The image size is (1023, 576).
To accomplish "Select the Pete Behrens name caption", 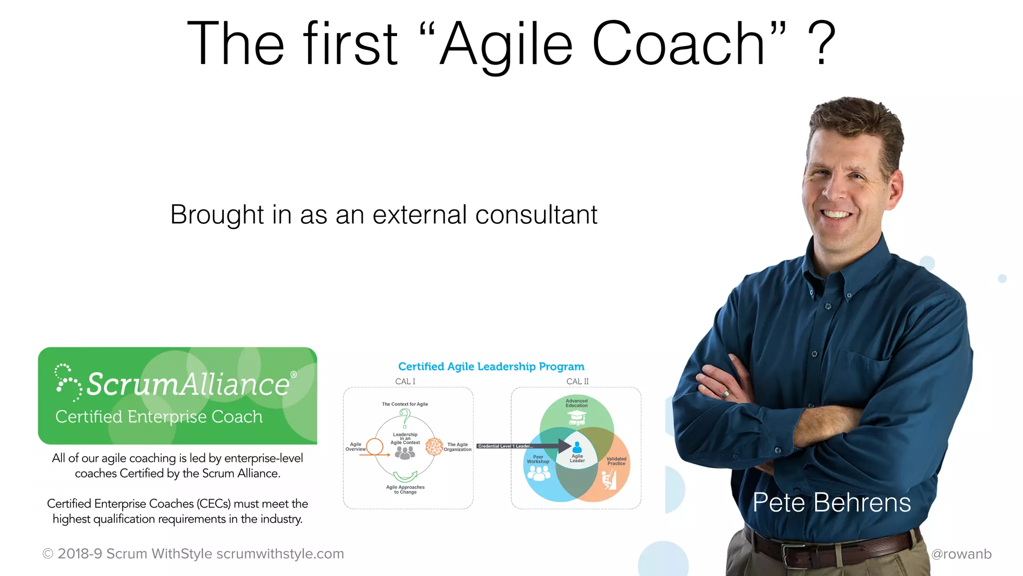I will [x=832, y=502].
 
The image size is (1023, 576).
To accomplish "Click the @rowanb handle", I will [x=961, y=554].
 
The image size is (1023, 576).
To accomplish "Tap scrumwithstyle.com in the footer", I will [x=280, y=554].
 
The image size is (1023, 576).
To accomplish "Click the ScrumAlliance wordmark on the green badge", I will [x=188, y=384].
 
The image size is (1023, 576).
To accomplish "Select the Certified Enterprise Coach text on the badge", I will [x=159, y=416].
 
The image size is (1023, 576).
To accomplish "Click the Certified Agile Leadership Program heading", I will [x=491, y=366].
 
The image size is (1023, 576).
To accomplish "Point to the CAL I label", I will [x=405, y=381].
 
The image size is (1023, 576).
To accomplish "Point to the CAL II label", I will [x=577, y=381].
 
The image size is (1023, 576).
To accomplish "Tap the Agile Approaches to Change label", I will [x=405, y=489].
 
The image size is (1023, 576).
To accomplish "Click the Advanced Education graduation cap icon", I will [x=576, y=418].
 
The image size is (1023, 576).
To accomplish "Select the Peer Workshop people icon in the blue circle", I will [x=538, y=473].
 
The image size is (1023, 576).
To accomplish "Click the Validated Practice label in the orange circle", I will [x=616, y=461].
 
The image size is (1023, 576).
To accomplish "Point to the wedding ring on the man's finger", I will [x=726, y=394].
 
